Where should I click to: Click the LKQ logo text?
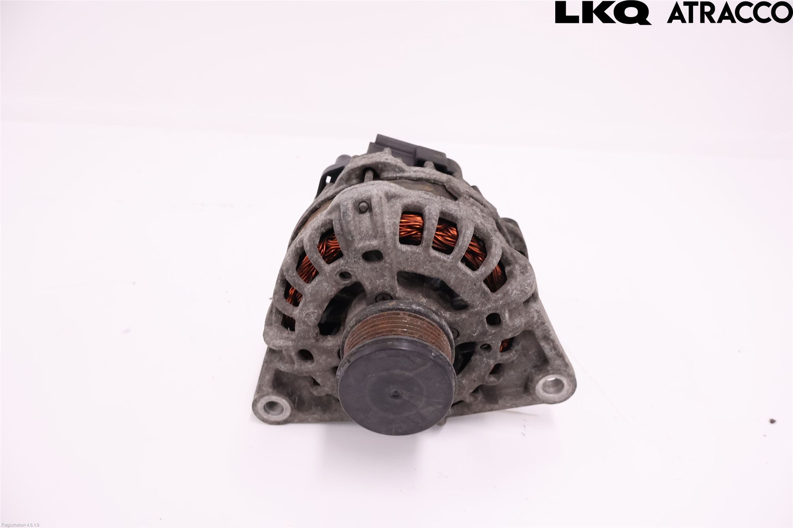[603, 13]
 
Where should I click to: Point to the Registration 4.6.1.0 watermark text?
[20, 525]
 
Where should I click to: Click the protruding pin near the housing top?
[363, 207]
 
